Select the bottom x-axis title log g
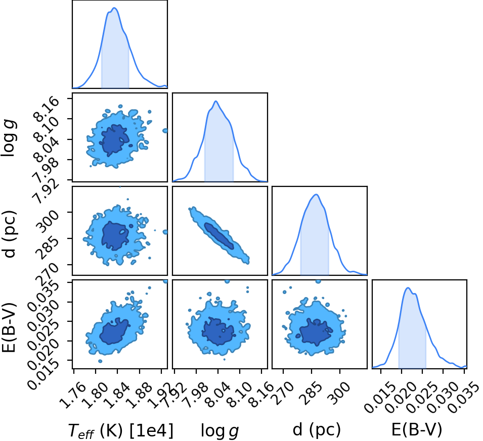[x=219, y=430]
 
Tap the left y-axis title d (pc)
[x=9, y=234]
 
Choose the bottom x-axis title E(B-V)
[x=416, y=429]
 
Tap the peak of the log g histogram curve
[x=216, y=101]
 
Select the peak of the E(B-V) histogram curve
[x=408, y=288]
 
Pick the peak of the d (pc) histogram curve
[x=316, y=194]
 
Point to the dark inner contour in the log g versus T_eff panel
[x=115, y=140]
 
